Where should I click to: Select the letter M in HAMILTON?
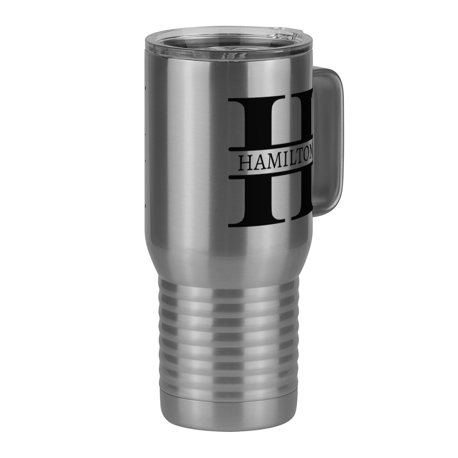pos(274,163)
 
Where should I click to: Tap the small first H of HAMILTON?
pos(245,164)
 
